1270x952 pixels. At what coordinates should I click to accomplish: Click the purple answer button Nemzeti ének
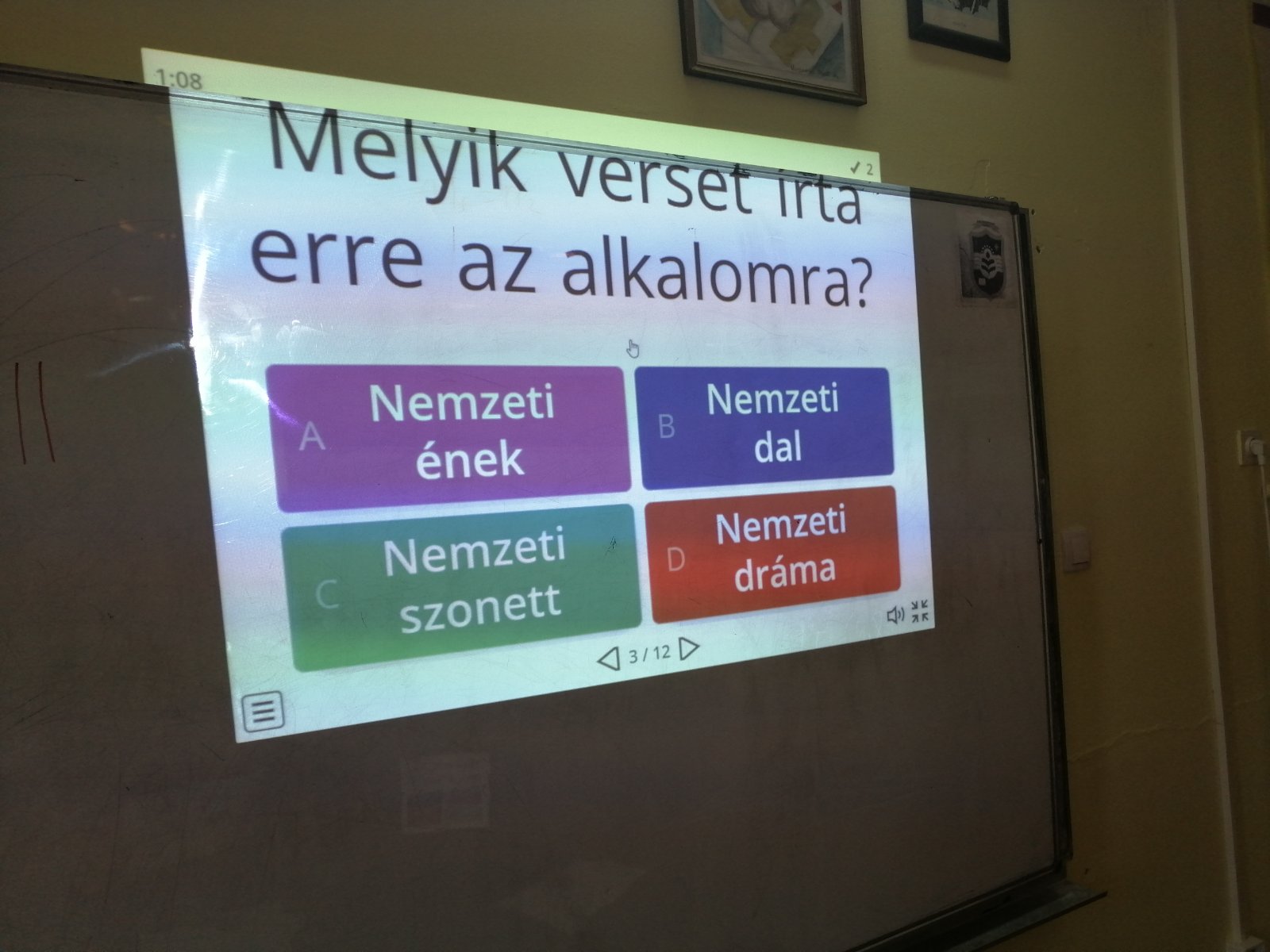[448, 437]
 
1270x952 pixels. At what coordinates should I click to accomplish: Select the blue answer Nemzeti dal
[764, 427]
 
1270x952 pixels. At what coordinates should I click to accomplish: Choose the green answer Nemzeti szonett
[461, 587]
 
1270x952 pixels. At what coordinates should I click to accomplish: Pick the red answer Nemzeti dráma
[772, 553]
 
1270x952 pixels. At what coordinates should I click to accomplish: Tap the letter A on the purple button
[312, 436]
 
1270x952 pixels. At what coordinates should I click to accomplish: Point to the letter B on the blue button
[667, 427]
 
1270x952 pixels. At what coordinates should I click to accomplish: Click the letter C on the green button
[327, 593]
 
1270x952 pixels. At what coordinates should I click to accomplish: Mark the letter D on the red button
[675, 559]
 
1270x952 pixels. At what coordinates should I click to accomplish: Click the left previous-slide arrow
[609, 659]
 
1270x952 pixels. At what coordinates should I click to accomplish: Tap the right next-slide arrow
[688, 648]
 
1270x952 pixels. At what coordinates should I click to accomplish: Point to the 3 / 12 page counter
[649, 654]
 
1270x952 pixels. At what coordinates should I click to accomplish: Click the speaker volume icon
[895, 615]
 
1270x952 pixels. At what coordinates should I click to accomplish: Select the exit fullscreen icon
[920, 611]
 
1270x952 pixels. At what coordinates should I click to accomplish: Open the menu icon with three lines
[264, 712]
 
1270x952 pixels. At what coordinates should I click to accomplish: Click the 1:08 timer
[179, 79]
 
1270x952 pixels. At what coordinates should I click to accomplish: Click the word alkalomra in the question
[717, 278]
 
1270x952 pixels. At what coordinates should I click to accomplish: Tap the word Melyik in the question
[398, 155]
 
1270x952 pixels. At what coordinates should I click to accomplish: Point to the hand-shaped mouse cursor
[633, 348]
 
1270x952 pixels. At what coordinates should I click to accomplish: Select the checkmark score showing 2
[861, 169]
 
